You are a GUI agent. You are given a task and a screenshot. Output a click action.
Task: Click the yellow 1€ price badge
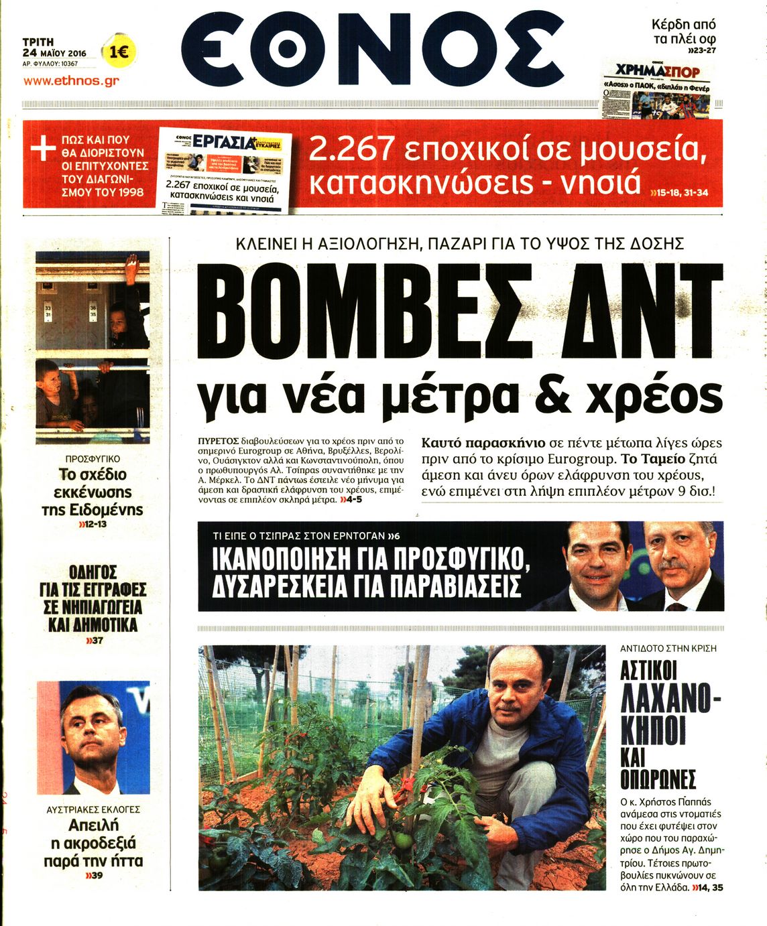click(x=119, y=52)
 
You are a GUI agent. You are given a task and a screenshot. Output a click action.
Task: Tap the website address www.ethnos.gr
click(x=71, y=80)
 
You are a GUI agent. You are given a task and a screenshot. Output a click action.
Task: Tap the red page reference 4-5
click(x=351, y=500)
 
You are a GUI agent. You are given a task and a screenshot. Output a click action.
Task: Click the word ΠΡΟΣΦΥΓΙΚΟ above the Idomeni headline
click(x=93, y=459)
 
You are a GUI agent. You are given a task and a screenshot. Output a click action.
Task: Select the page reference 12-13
click(x=93, y=524)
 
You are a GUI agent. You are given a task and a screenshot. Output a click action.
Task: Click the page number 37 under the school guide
click(x=94, y=641)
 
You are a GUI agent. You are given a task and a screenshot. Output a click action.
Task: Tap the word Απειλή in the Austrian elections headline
click(x=93, y=825)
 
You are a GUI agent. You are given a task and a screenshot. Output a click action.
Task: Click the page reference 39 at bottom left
click(x=94, y=876)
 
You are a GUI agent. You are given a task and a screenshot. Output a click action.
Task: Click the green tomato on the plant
click(x=404, y=839)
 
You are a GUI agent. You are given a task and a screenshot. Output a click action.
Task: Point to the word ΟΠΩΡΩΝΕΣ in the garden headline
click(x=658, y=779)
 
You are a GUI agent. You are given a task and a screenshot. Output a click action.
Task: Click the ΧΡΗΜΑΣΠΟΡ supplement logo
click(x=657, y=71)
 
